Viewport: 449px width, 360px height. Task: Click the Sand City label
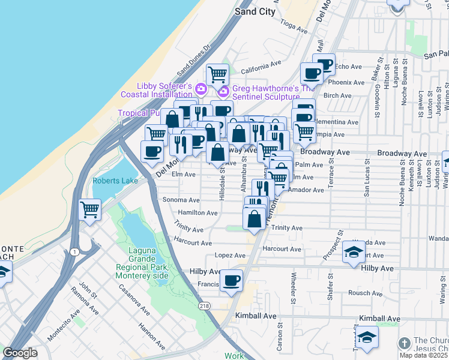pyautogui.click(x=255, y=11)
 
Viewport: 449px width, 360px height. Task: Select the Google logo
pyautogui.click(x=20, y=353)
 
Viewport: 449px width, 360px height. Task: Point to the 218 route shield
pyautogui.click(x=205, y=306)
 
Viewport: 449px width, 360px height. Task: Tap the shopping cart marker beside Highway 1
pyautogui.click(x=89, y=210)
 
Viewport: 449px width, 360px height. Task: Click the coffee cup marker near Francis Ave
pyautogui.click(x=231, y=280)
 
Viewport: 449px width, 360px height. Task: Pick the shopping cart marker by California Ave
pyautogui.click(x=217, y=74)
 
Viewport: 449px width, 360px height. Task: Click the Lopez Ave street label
pyautogui.click(x=226, y=256)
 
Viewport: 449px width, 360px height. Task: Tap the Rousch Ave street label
pyautogui.click(x=360, y=293)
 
